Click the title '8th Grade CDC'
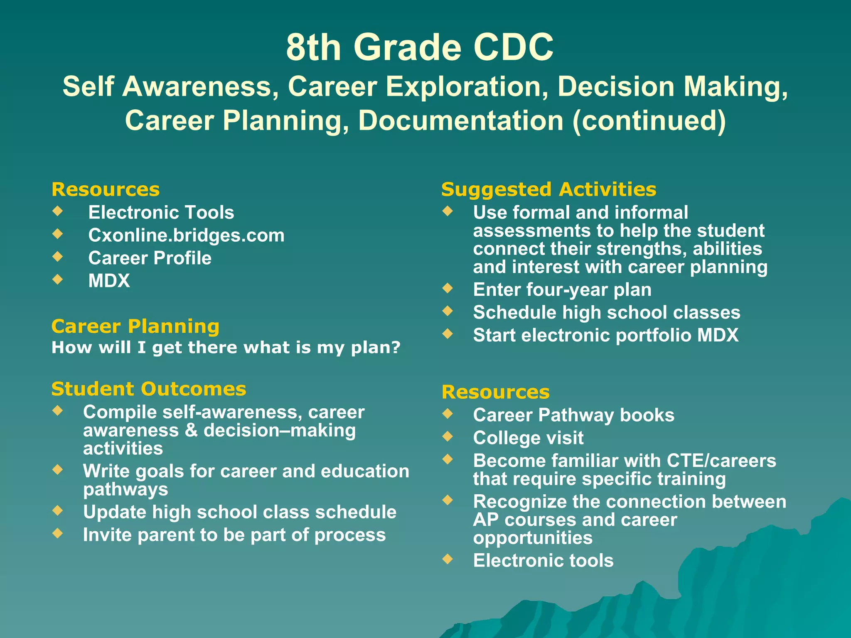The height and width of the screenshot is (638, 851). coord(420,47)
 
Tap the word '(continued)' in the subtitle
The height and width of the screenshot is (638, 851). coord(649,120)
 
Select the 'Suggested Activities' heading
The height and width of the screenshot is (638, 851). coord(548,189)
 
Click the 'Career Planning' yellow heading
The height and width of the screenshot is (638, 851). coord(135,326)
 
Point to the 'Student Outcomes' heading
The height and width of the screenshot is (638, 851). coord(148,389)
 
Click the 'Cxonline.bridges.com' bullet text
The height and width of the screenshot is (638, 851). coord(186,236)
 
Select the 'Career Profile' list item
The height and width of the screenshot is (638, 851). coord(150,258)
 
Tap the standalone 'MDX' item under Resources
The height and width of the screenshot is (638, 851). coord(109,281)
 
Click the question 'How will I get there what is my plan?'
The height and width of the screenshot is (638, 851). coord(226,348)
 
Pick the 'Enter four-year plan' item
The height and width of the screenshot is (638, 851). coord(562,290)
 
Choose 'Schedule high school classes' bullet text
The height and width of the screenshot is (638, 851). coord(606,313)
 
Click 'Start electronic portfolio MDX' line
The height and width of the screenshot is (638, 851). coord(605,336)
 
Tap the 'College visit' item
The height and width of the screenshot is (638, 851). coord(528,438)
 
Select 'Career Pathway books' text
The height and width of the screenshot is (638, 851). coord(573,415)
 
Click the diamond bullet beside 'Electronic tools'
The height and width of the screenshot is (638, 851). coord(448,559)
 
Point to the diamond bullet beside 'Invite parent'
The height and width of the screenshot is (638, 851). coord(58,533)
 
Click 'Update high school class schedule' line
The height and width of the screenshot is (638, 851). coord(239,512)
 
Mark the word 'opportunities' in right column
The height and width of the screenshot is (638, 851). coord(532,538)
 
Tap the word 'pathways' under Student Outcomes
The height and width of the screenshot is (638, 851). coord(125,490)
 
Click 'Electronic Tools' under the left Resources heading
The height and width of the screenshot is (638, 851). coord(161,213)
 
